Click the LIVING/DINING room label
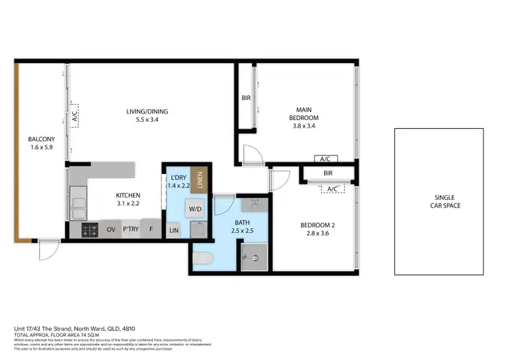[147, 112]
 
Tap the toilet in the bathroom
[204, 259]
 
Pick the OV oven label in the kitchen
[111, 229]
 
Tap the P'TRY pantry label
[131, 229]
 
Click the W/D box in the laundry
[195, 208]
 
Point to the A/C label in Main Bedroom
[325, 159]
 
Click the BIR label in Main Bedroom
[246, 98]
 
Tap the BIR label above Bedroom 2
[328, 174]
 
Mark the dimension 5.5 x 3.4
[147, 120]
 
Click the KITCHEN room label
[127, 195]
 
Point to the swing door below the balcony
[47, 251]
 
